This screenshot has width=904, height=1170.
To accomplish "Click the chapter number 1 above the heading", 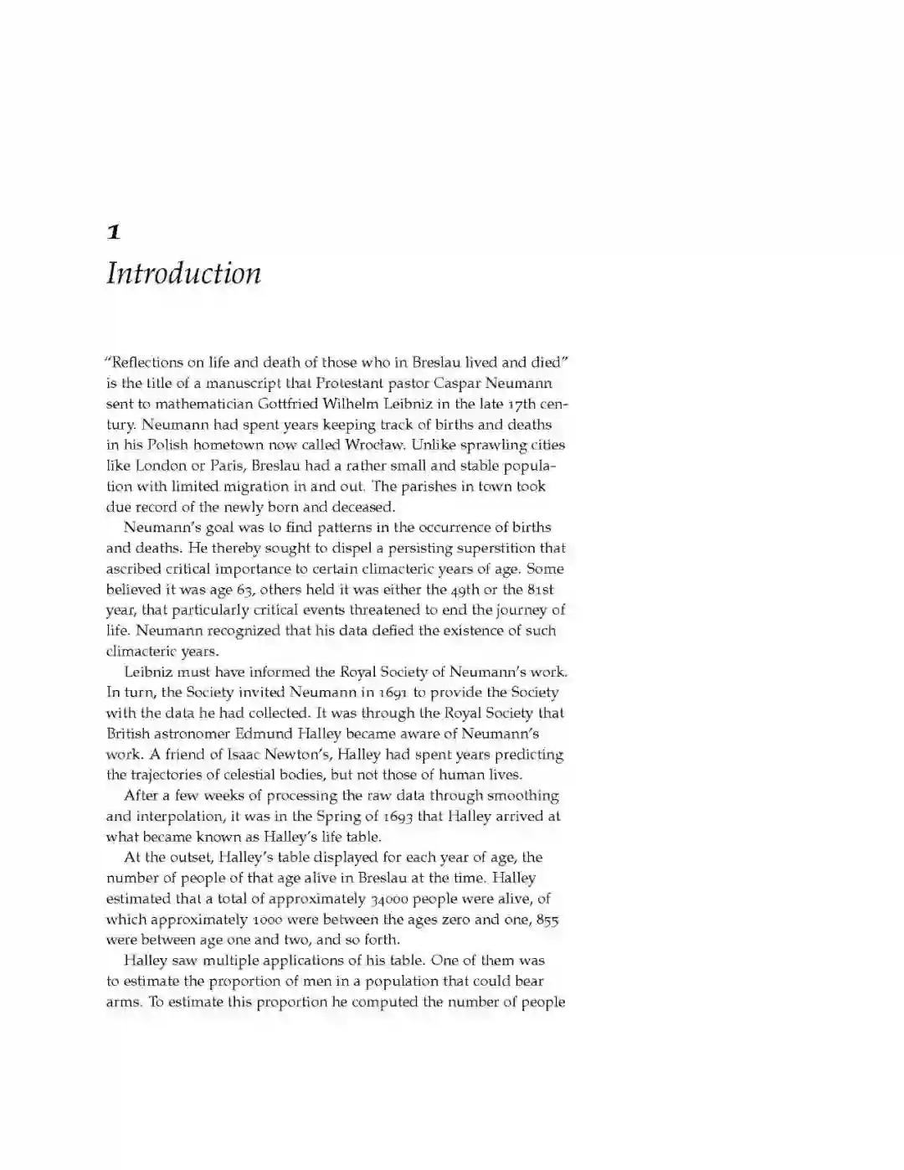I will (114, 232).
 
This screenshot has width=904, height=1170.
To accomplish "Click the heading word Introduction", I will (183, 274).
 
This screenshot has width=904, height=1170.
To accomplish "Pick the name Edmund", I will (263, 734).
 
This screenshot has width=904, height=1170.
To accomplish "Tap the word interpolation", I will (182, 817).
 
